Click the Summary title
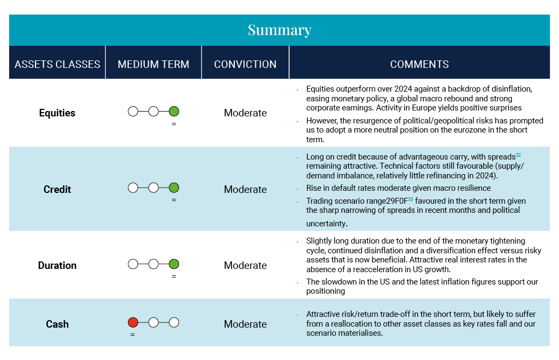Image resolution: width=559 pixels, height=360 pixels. [x=279, y=30]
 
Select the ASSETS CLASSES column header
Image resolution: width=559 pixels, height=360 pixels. [x=58, y=64]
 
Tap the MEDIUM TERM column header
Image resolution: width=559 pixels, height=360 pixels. [x=153, y=64]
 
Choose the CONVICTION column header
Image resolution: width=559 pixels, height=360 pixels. [x=245, y=64]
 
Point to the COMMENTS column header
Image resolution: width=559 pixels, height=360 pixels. [x=419, y=64]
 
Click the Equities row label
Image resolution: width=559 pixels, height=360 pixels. [x=57, y=113]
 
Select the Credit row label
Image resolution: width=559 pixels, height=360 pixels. [x=57, y=189]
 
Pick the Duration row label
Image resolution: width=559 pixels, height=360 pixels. [x=57, y=266]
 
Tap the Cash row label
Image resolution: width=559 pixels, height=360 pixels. [x=57, y=324]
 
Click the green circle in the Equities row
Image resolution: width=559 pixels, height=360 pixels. [x=173, y=112]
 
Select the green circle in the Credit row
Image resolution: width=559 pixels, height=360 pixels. [x=173, y=188]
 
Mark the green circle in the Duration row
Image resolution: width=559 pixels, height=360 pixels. [x=173, y=264]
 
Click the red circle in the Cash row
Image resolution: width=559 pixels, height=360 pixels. [x=133, y=322]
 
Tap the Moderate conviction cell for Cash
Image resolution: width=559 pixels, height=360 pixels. [x=245, y=324]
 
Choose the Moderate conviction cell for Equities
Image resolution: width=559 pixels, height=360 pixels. [x=245, y=113]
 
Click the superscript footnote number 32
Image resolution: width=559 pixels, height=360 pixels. [x=519, y=155]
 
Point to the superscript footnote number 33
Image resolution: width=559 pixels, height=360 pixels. [x=410, y=199]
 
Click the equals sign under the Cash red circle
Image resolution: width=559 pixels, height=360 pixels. [x=132, y=335]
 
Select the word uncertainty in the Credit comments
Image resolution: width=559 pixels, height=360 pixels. [x=326, y=224]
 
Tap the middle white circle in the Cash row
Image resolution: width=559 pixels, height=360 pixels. [x=153, y=322]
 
